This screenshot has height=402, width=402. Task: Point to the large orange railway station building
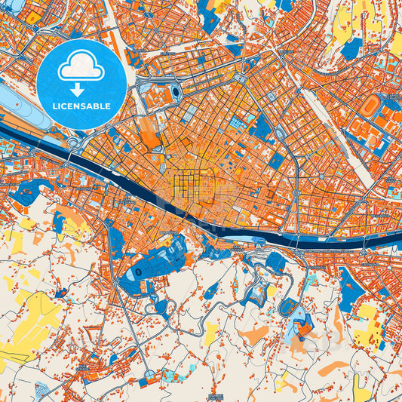(150, 137)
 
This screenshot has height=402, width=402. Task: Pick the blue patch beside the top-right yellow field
(351, 49)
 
